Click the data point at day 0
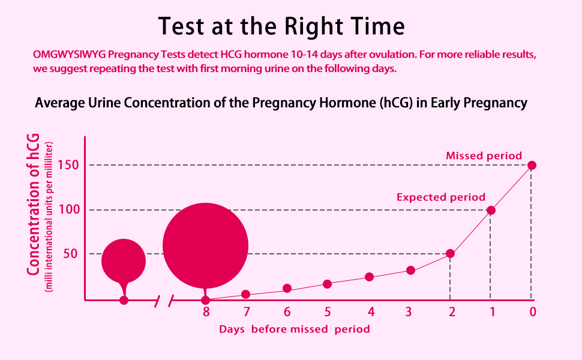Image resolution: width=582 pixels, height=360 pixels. pos(532,165)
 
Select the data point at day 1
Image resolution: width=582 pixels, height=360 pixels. pos(491,210)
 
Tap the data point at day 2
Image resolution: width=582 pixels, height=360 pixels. pos(450,254)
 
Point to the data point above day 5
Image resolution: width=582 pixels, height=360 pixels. pos(327,284)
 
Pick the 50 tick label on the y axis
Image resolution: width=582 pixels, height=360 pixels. pos(71,254)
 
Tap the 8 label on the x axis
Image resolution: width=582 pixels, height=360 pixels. pos(206,311)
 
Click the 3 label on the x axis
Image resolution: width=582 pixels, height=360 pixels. pos(409,311)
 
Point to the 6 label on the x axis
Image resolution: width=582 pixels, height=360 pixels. pos(287,311)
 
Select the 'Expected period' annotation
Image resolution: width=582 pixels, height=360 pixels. pos(441,197)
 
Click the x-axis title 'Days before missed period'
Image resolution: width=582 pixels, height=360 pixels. pos(294,329)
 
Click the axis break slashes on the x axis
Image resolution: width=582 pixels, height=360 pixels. pos(164,301)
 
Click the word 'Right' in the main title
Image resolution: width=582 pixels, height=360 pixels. pos(311,27)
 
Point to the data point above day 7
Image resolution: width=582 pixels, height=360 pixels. pos(246,294)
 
